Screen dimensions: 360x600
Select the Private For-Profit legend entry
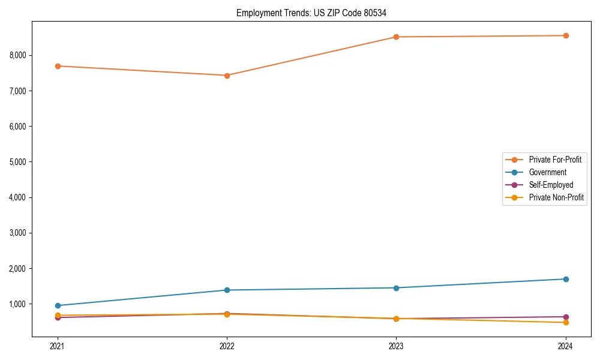tap(555, 160)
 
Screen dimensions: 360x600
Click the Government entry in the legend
tap(547, 172)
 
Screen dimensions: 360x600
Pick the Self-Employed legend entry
tap(551, 185)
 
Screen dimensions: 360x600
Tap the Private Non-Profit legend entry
tap(556, 197)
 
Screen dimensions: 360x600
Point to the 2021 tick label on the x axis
tap(58, 346)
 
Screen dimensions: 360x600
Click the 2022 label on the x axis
tap(227, 346)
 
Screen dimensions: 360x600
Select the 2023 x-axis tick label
tap(396, 346)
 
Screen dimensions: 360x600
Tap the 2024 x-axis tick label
tap(565, 346)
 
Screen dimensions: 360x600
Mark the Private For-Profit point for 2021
tap(58, 66)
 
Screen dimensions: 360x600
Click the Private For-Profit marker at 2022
tap(227, 76)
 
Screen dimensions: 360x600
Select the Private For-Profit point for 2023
tap(396, 37)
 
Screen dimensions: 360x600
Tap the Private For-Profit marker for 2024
tap(565, 35)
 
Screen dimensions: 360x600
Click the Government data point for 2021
tap(58, 305)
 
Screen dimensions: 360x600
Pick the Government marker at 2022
tap(227, 290)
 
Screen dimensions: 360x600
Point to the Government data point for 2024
tap(565, 279)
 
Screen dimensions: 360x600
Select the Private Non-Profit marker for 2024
tap(565, 322)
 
